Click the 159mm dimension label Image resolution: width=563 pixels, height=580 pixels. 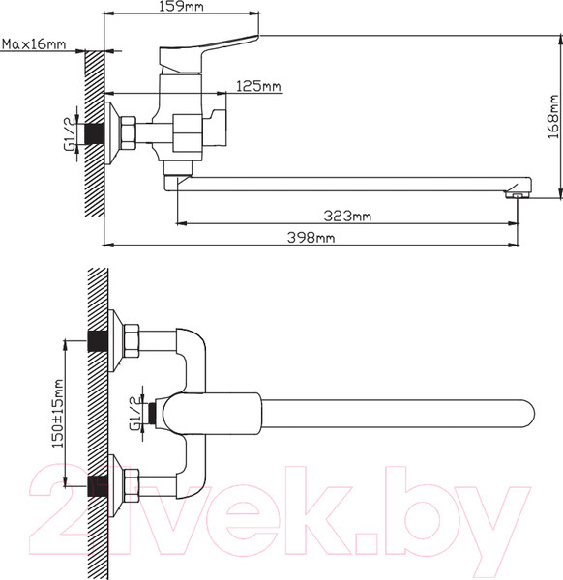click(181, 7)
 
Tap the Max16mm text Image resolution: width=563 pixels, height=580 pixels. click(34, 44)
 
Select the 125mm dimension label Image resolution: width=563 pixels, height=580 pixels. click(258, 87)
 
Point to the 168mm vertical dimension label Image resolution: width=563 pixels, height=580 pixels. click(553, 117)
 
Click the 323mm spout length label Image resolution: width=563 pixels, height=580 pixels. click(347, 216)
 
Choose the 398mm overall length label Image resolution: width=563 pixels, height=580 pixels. click(311, 238)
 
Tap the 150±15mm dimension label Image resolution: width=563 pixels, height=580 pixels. click(58, 413)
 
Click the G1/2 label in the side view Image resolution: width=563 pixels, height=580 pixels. click(70, 134)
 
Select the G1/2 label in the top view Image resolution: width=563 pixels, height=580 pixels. click(135, 414)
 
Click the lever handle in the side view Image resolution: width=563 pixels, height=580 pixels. click(207, 54)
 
